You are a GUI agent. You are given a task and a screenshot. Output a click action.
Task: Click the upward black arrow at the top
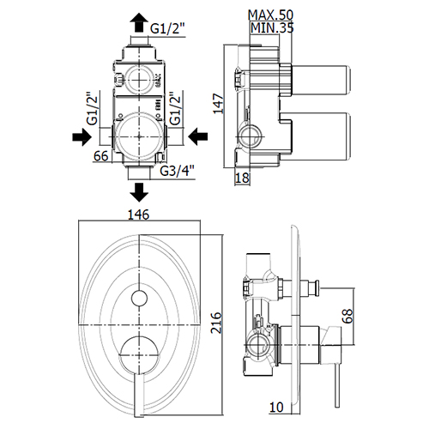(x=139, y=23)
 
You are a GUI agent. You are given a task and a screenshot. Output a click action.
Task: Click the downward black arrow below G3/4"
(x=139, y=193)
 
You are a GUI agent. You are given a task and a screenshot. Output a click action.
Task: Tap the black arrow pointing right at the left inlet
(x=82, y=136)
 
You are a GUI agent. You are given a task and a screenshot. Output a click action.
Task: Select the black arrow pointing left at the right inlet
(x=198, y=136)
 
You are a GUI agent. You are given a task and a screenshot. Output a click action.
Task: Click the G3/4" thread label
(x=177, y=171)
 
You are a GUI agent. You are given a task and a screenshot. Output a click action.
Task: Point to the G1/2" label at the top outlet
(x=167, y=28)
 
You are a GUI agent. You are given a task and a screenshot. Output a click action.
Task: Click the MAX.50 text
(x=270, y=15)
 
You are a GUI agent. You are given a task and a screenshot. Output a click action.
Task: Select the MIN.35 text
(x=272, y=27)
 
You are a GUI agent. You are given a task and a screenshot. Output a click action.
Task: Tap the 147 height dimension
(x=219, y=104)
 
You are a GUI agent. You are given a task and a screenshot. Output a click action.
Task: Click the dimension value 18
(x=242, y=178)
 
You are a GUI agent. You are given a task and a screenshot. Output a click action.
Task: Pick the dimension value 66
(x=101, y=156)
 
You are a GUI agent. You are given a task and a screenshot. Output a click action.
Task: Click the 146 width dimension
(x=138, y=214)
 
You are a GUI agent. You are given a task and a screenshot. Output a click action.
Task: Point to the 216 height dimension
(x=216, y=323)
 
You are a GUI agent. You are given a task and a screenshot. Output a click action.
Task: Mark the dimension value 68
(x=347, y=316)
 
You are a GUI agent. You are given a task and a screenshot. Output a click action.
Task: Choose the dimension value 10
(x=276, y=408)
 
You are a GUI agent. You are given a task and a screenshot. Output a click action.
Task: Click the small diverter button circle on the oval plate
(x=139, y=299)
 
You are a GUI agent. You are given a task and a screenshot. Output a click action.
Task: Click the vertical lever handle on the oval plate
(x=138, y=394)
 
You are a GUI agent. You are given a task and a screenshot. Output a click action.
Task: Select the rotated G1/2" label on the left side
(x=93, y=108)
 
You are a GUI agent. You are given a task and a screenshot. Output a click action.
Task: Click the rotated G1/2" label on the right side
(x=175, y=108)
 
